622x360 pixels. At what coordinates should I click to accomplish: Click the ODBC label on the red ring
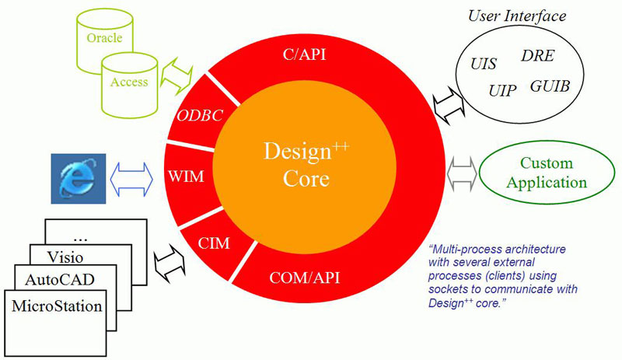pos(201,115)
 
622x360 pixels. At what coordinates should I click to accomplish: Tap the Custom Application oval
pos(546,173)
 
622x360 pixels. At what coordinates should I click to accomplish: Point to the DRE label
pos(537,56)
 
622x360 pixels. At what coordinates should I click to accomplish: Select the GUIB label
pos(549,86)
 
